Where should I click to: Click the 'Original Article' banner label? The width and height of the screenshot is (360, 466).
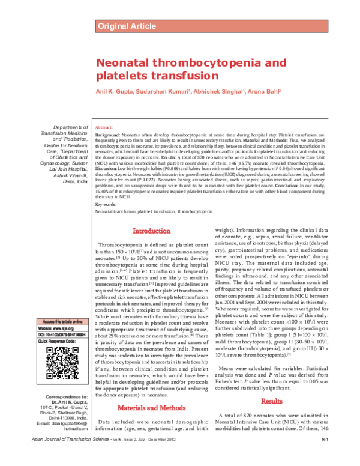click(127, 25)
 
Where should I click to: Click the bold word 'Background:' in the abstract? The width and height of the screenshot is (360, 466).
click(109, 136)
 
